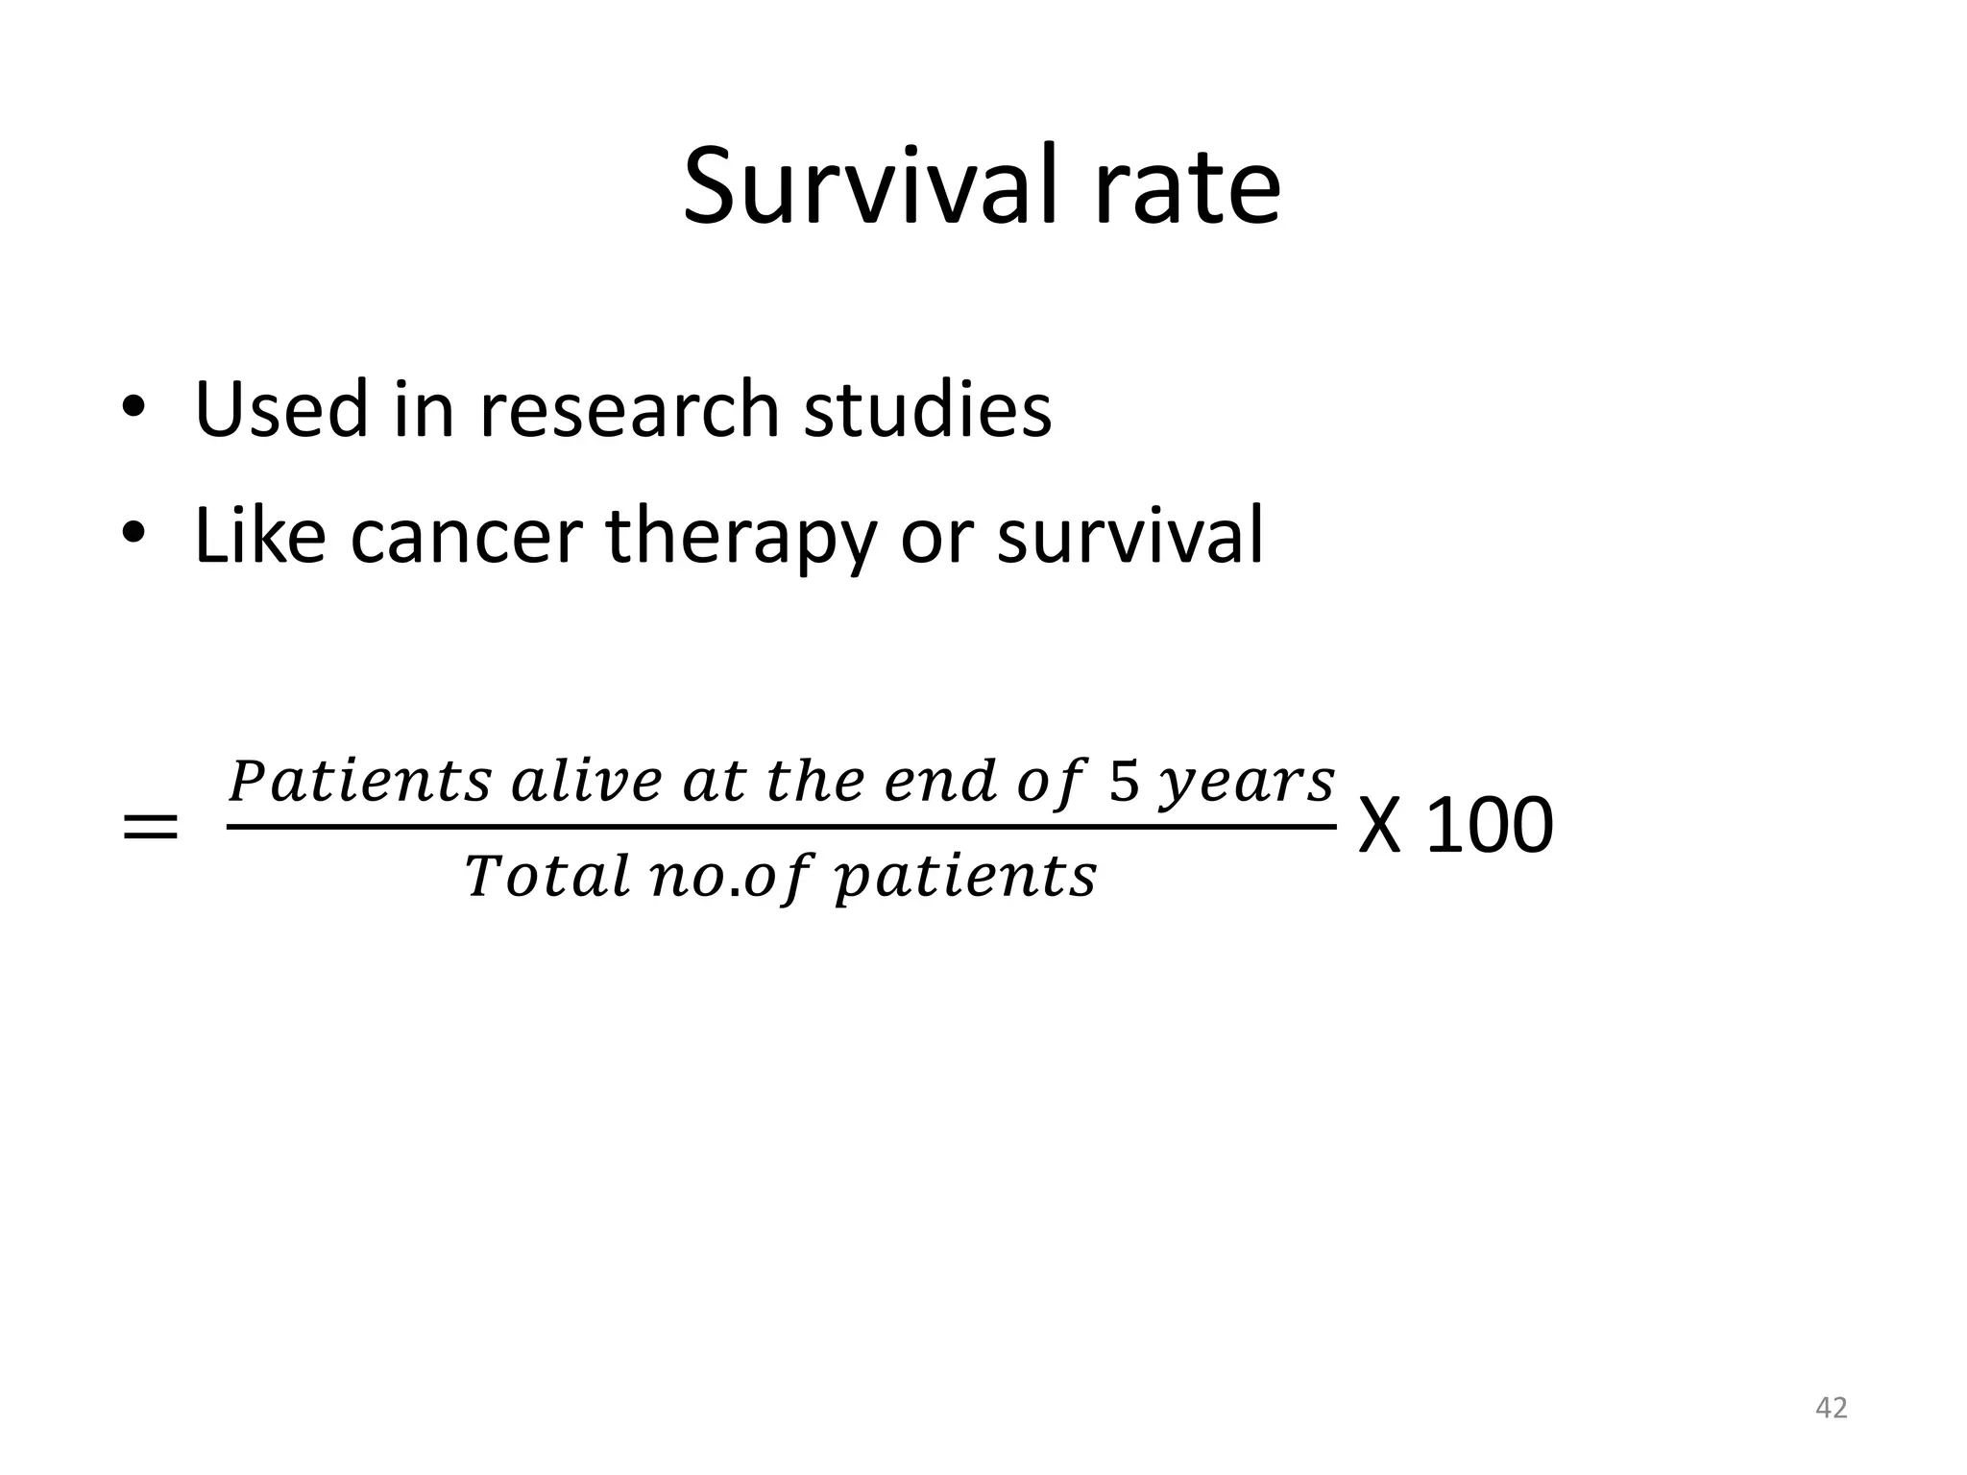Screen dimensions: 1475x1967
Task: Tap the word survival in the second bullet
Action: tap(1130, 536)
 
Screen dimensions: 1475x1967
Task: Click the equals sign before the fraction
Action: tap(151, 826)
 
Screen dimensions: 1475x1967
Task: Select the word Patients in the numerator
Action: tap(360, 781)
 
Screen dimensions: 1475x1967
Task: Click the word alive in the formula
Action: tap(587, 781)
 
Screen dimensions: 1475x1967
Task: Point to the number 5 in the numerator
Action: tap(1125, 781)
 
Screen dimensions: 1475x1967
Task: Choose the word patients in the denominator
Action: tap(965, 878)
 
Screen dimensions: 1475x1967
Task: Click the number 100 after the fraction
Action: tap(1490, 826)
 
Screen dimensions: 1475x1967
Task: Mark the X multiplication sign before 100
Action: tap(1380, 826)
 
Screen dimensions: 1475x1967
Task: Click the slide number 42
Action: tap(1832, 1408)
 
